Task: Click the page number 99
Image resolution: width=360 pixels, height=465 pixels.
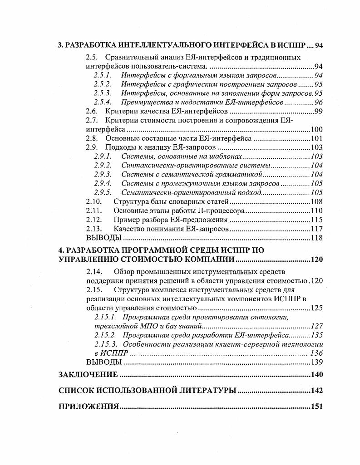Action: click(x=318, y=111)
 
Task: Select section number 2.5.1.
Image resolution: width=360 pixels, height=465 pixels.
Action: click(x=103, y=75)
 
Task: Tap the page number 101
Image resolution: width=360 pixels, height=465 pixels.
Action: click(x=316, y=138)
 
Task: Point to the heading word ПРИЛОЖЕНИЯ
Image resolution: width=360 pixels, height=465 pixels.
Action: click(x=89, y=406)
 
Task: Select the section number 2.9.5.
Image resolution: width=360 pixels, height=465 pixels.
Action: click(x=103, y=192)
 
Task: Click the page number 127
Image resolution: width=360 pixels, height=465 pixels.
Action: click(x=316, y=326)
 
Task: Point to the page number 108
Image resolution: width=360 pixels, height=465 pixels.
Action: click(x=316, y=201)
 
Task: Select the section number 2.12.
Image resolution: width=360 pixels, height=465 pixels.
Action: click(x=94, y=220)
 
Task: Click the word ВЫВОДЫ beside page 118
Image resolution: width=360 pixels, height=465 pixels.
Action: click(x=104, y=238)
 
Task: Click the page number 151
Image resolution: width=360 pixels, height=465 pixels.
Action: click(x=316, y=406)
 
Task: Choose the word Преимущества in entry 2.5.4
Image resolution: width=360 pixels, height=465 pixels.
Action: click(x=144, y=102)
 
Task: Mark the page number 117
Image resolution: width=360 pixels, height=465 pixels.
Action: click(x=316, y=229)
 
